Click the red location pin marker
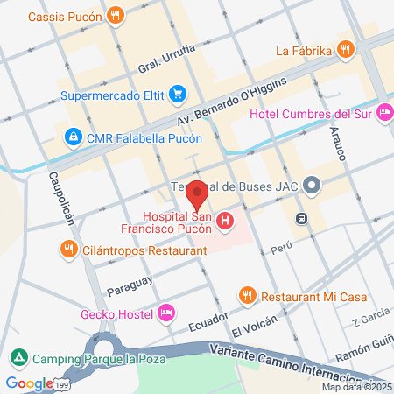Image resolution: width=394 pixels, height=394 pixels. coord(198,194)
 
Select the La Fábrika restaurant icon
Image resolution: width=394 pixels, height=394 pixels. coord(347,50)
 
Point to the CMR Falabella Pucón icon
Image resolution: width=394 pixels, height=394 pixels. coord(72,137)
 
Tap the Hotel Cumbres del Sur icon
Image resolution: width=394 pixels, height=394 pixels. coord(384,112)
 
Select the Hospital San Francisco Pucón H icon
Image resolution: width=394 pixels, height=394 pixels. coord(226,222)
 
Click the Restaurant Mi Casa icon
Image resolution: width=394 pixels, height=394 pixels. coord(248,296)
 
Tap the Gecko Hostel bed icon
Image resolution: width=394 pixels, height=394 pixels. coord(166,313)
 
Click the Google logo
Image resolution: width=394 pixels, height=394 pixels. coord(29,383)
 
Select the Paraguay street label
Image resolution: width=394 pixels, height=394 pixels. coord(130,285)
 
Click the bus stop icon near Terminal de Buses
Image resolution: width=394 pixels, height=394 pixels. coord(301,218)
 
